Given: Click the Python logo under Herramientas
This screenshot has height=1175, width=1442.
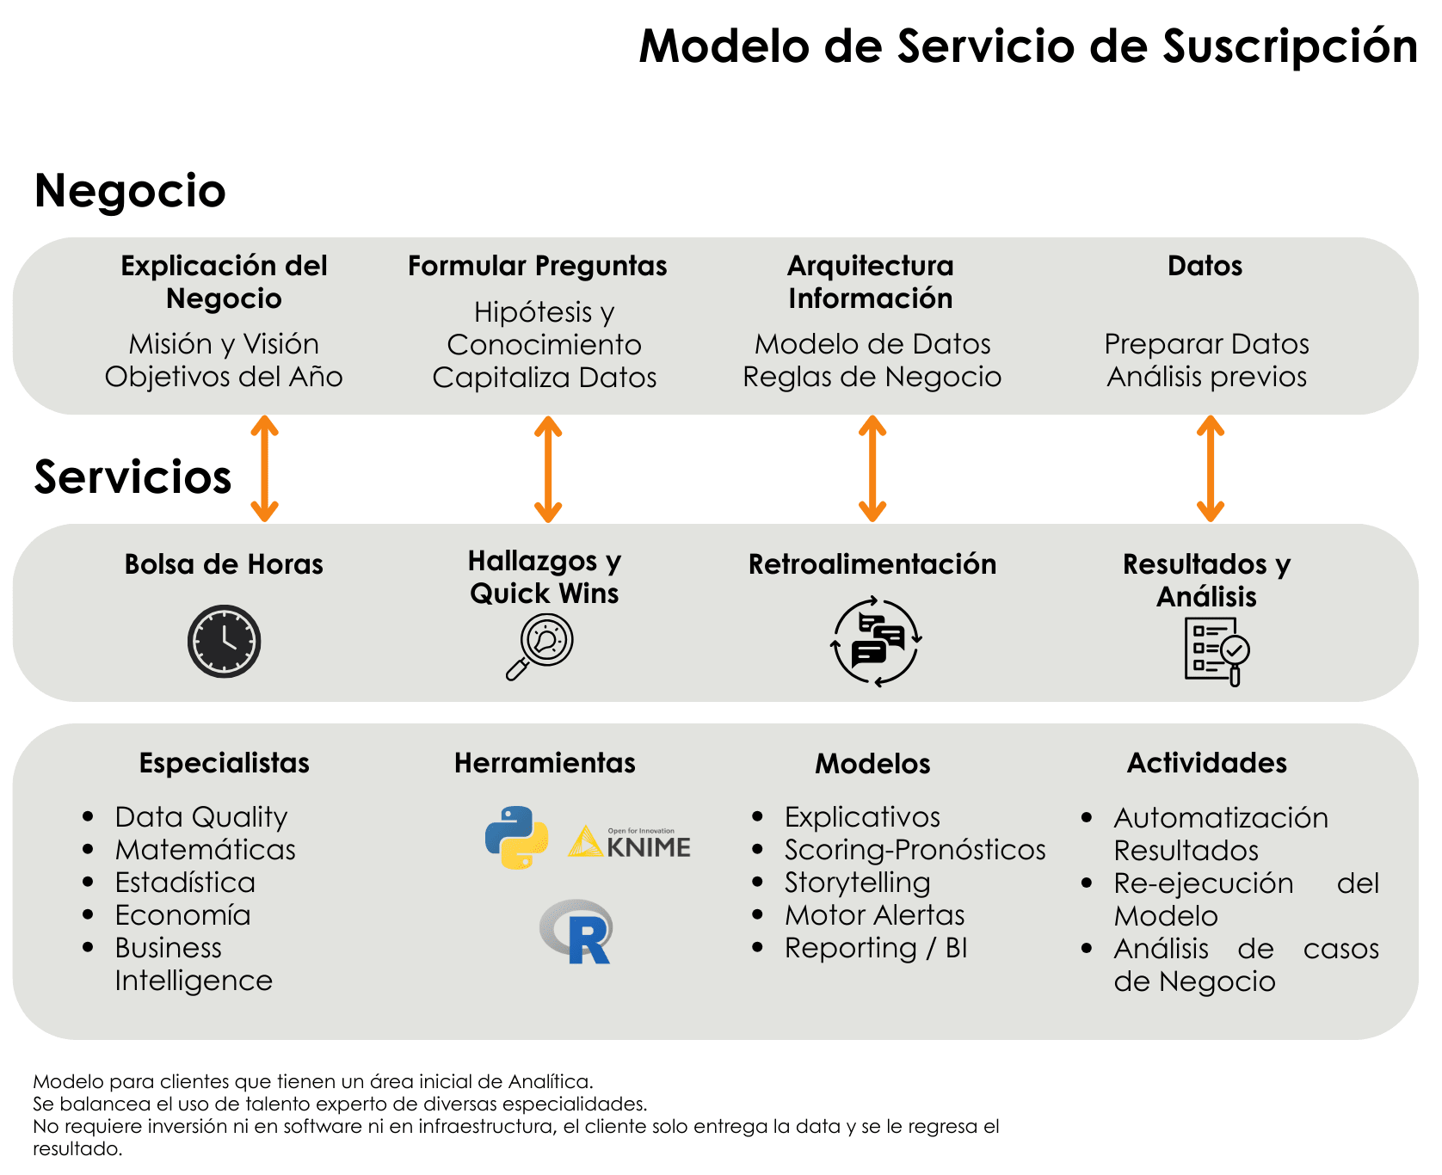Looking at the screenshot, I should pyautogui.click(x=516, y=837).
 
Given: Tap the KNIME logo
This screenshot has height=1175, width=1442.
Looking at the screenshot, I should pyautogui.click(x=630, y=843).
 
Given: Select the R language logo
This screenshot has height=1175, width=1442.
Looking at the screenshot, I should pyautogui.click(x=576, y=932).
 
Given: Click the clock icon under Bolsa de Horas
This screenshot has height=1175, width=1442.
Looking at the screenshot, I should pyautogui.click(x=224, y=641).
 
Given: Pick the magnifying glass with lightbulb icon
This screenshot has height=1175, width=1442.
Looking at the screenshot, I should pyautogui.click(x=540, y=647).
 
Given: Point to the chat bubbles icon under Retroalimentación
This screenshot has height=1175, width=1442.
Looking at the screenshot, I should pyautogui.click(x=876, y=642).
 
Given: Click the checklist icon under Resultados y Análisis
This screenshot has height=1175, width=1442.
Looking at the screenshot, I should pyautogui.click(x=1215, y=651).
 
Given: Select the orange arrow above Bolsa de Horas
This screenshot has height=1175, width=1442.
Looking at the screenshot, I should pyautogui.click(x=264, y=469).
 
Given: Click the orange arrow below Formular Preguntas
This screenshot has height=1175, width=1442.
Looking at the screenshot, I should pyautogui.click(x=548, y=469).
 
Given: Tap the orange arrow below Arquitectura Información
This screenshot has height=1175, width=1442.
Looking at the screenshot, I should pyautogui.click(x=872, y=469).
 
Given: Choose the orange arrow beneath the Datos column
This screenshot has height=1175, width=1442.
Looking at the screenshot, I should pyautogui.click(x=1211, y=469).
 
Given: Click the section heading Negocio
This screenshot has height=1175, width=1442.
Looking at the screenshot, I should pyautogui.click(x=130, y=190).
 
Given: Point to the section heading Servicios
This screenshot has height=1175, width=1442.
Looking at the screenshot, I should pyautogui.click(x=132, y=477).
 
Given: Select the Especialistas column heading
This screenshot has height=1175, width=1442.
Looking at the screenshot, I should pyautogui.click(x=224, y=763).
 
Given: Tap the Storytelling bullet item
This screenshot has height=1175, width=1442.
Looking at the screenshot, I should pyautogui.click(x=857, y=883).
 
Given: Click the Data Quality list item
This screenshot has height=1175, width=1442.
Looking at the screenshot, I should pyautogui.click(x=201, y=817).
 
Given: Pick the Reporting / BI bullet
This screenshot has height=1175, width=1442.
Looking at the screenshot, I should pyautogui.click(x=876, y=948).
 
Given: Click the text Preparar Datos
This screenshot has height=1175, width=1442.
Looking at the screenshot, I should pyautogui.click(x=1206, y=344).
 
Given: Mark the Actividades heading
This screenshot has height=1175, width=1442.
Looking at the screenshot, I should pyautogui.click(x=1206, y=763).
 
